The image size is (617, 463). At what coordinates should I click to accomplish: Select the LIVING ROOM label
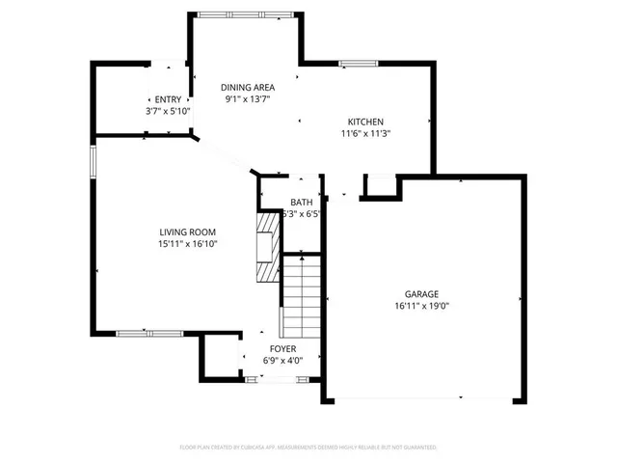[x=187, y=231]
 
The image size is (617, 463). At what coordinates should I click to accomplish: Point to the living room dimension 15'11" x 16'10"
[x=187, y=244]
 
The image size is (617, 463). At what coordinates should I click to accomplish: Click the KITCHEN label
[x=366, y=122]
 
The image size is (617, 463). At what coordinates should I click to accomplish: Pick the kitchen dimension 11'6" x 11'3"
[x=366, y=134]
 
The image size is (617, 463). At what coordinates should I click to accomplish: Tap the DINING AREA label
[x=247, y=86]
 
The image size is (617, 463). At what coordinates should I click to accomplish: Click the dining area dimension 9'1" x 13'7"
[x=247, y=98]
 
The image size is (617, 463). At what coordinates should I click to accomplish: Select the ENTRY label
[x=168, y=99]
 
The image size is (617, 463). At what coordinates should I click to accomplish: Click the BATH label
[x=301, y=203]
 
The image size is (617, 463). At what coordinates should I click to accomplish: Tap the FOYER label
[x=282, y=348]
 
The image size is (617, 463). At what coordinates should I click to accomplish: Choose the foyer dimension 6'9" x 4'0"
[x=282, y=361]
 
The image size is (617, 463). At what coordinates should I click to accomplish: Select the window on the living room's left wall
[x=94, y=161]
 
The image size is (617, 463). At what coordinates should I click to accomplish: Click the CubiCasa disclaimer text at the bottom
[x=308, y=448]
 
